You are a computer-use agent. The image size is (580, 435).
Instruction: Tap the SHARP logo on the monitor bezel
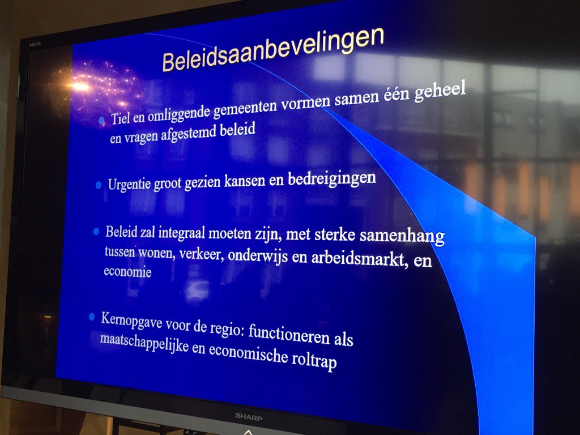click(x=250, y=416)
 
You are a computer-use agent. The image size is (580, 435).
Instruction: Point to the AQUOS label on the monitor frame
click(x=35, y=44)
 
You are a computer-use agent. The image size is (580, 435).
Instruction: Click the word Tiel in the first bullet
click(x=120, y=118)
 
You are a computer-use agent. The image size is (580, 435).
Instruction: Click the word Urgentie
click(x=129, y=185)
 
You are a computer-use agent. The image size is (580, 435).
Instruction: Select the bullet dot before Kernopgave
click(x=92, y=317)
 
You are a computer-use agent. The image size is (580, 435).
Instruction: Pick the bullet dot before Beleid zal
click(x=96, y=232)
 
